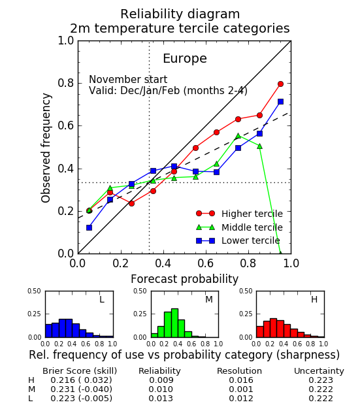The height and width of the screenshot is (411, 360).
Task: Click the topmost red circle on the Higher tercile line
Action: pyautogui.click(x=280, y=84)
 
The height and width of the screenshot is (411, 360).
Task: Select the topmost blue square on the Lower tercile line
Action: pyautogui.click(x=280, y=101)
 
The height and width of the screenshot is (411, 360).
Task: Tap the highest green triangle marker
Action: pyautogui.click(x=238, y=136)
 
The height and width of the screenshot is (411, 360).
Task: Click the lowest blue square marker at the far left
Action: pyautogui.click(x=89, y=227)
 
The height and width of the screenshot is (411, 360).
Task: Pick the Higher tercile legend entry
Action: pyautogui.click(x=239, y=214)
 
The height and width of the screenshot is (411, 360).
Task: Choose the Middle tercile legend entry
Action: pyautogui.click(x=239, y=227)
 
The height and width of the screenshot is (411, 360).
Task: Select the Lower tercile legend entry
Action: pyautogui.click(x=238, y=240)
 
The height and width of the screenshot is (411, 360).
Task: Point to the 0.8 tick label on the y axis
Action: pyautogui.click(x=66, y=83)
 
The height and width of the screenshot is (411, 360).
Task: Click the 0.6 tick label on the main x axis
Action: pyautogui.click(x=206, y=263)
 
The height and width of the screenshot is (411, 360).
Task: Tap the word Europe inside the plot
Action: pyautogui.click(x=185, y=58)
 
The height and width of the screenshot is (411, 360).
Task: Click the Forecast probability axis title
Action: pyautogui.click(x=184, y=279)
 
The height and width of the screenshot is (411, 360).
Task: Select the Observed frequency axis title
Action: pyautogui.click(x=46, y=148)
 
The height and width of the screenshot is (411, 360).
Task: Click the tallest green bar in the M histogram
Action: pyautogui.click(x=174, y=323)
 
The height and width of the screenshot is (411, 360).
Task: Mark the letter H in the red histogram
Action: pyautogui.click(x=314, y=299)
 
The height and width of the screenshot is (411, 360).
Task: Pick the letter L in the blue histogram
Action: pyautogui.click(x=102, y=299)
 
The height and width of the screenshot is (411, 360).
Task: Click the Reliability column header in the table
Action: pyautogui.click(x=159, y=371)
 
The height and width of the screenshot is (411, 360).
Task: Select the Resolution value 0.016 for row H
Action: pyautogui.click(x=241, y=380)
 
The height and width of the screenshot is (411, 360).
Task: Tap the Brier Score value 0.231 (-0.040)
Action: pyautogui.click(x=81, y=389)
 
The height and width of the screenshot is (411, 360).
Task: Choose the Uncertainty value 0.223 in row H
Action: pyautogui.click(x=321, y=380)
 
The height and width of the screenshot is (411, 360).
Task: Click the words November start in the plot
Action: pyautogui.click(x=128, y=79)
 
